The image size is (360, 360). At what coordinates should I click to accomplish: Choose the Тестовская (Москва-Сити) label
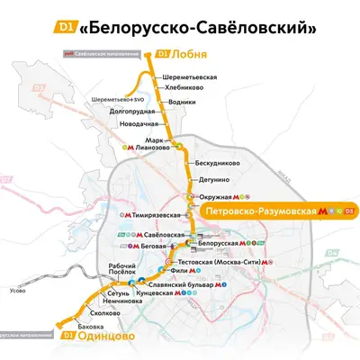[x=233, y=256]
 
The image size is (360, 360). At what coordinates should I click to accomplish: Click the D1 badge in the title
[x=65, y=27]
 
